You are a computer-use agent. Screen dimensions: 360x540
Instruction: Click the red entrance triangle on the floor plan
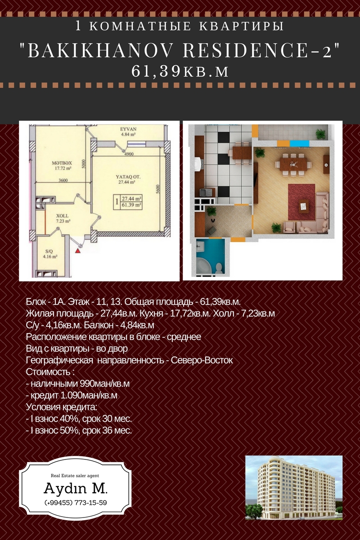(78, 251)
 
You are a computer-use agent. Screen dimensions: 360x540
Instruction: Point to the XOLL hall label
(63, 216)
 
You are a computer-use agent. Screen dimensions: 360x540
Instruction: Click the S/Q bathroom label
(49, 251)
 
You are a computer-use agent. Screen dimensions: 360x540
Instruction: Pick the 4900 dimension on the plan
(129, 154)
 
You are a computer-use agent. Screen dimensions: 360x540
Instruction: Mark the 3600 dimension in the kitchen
(63, 180)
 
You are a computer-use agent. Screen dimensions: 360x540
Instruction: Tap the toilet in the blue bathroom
(219, 267)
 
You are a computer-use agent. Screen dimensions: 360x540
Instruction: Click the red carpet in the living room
(301, 202)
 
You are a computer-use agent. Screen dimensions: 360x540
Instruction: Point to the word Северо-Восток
(202, 360)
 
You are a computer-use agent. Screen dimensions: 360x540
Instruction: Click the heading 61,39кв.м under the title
(180, 71)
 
